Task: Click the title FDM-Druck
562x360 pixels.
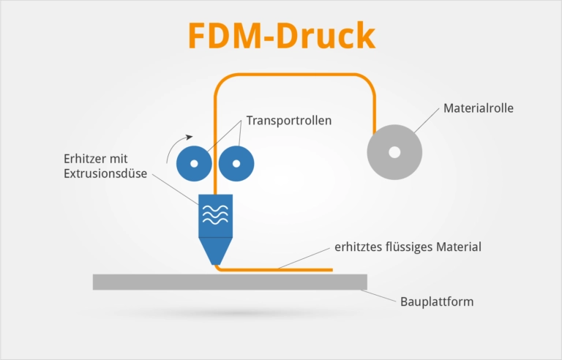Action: pyautogui.click(x=281, y=35)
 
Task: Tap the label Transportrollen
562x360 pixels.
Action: pyautogui.click(x=288, y=121)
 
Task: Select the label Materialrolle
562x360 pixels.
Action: pyautogui.click(x=478, y=108)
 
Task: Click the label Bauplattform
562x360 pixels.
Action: pyautogui.click(x=438, y=301)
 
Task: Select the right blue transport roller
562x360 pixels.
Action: pyautogui.click(x=236, y=164)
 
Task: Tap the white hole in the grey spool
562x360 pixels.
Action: pyautogui.click(x=394, y=153)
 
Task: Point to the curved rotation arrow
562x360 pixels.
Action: pyautogui.click(x=176, y=146)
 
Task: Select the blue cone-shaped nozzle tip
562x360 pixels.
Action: pyautogui.click(x=215, y=252)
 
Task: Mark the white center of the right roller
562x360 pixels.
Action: pyautogui.click(x=236, y=164)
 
